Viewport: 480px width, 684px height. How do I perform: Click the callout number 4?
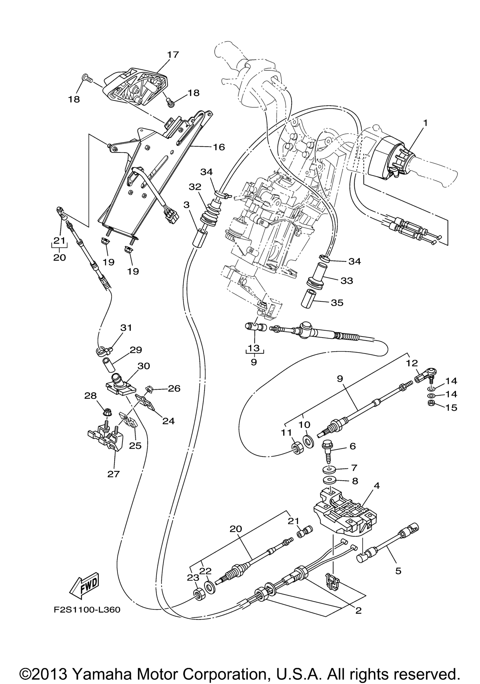376,485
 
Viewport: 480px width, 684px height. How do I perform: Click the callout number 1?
425,123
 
